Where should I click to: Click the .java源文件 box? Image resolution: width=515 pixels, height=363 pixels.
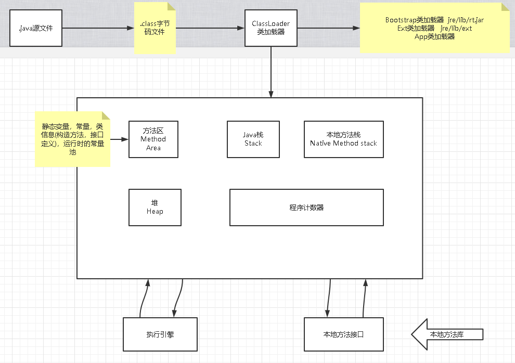tap(35, 28)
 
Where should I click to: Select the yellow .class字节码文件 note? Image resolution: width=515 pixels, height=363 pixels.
tap(154, 28)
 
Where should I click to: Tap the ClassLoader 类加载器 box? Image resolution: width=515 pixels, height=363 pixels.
tap(270, 28)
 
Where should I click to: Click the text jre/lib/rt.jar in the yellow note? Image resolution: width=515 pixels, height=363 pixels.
tap(466, 20)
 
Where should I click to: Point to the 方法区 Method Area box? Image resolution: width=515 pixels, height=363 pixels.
tap(153, 139)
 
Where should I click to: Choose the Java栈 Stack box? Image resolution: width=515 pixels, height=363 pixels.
tap(253, 139)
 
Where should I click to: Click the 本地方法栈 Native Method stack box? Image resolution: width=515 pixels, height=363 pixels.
tap(343, 139)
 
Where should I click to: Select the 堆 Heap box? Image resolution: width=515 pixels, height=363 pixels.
tap(154, 207)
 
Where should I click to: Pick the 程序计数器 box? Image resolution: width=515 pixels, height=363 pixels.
tap(306, 207)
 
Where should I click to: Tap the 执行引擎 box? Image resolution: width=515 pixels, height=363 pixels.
tap(160, 334)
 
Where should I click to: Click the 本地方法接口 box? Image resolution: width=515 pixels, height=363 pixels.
tap(343, 334)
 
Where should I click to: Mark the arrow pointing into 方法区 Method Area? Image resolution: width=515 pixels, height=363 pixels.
tap(119, 139)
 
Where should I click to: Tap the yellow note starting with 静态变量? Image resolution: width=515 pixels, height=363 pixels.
tap(72, 139)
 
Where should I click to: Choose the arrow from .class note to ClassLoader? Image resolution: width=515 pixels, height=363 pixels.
tap(210, 28)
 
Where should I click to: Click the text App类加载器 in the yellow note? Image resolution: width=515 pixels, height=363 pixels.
tap(434, 36)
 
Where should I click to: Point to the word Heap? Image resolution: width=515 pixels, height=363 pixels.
tap(154, 212)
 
